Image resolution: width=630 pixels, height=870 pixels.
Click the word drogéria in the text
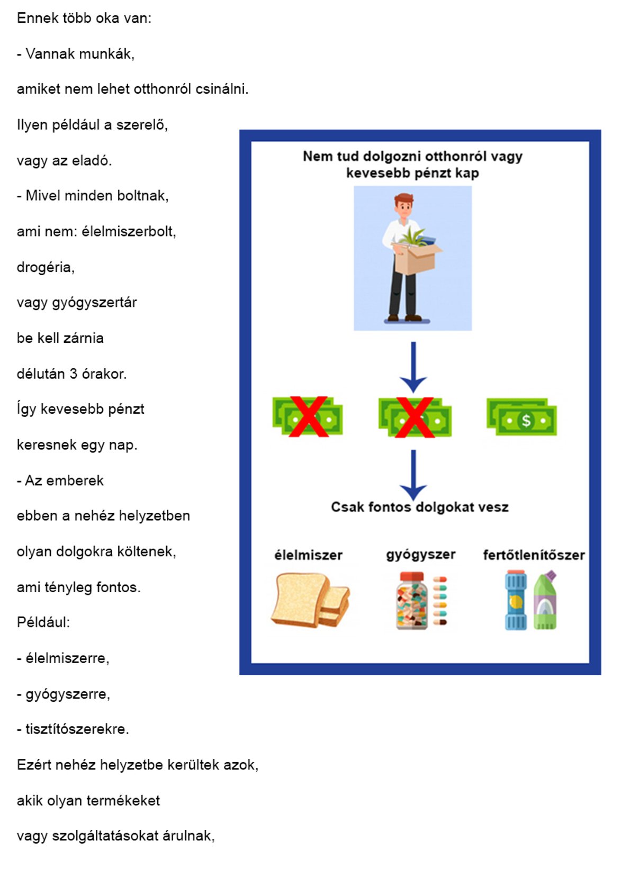tap(45, 267)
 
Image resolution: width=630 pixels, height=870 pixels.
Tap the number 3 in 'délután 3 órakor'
tap(74, 374)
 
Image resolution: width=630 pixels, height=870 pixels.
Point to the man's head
tap(404, 206)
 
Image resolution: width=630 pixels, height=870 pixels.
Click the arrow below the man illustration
tap(413, 367)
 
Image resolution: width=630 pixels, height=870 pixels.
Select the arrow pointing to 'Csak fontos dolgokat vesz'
tap(413, 475)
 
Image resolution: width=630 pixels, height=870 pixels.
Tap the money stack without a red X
tap(521, 417)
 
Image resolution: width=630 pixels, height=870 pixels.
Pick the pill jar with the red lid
tap(411, 601)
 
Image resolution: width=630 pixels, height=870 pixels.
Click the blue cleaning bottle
tap(516, 600)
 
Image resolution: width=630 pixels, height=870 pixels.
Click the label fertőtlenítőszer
tap(534, 555)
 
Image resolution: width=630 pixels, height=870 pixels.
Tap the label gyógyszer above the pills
tap(420, 555)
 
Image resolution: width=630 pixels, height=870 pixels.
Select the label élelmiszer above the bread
tap(308, 555)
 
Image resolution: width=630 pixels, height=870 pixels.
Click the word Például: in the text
tap(43, 622)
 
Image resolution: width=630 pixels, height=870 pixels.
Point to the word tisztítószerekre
tap(77, 729)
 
